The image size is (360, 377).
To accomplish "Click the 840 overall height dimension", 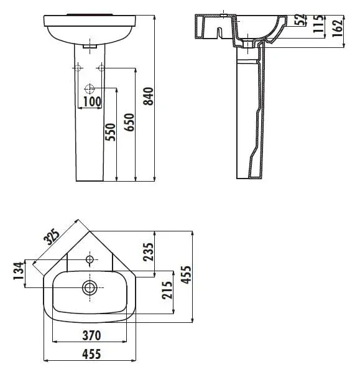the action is point(148,96).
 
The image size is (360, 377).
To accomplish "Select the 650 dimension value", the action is point(129,123).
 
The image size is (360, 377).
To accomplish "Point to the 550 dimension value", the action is point(110,132).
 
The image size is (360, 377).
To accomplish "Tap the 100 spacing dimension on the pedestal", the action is point(92,101).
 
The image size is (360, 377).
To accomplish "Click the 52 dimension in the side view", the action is point(300,20).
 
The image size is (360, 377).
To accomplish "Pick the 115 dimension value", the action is point(318,24).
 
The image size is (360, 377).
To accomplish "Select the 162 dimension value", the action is point(338,27).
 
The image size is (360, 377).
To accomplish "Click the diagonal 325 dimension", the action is point(52,237).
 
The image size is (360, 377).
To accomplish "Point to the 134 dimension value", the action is point(19,271).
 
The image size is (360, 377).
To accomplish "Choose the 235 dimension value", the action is point(148,252).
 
